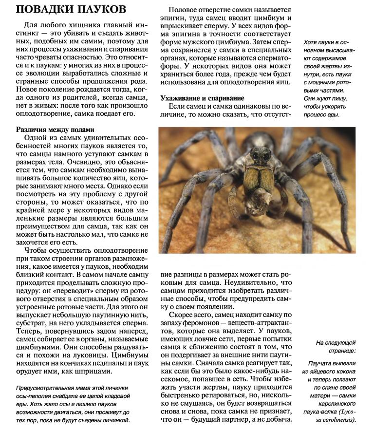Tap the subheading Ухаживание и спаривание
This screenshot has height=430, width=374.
tap(203, 98)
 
